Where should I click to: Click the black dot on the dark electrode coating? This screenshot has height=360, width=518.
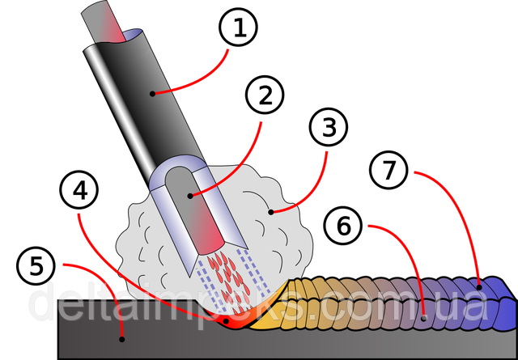152,94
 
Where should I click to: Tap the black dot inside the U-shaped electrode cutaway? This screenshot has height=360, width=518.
190,195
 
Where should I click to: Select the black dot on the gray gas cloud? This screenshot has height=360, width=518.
272,213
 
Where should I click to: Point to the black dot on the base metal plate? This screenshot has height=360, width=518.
121,338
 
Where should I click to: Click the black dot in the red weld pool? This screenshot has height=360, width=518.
227,322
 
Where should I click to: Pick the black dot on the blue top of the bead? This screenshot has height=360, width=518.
479,286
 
